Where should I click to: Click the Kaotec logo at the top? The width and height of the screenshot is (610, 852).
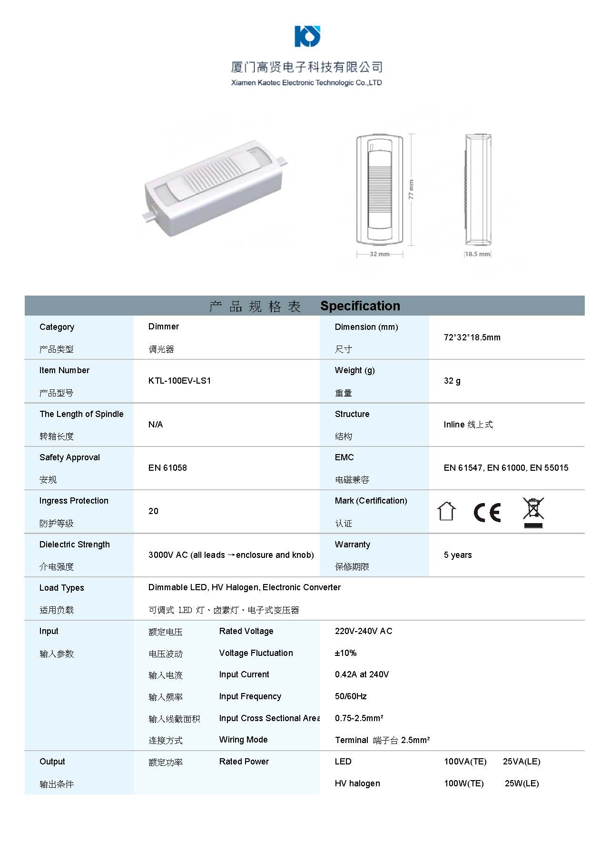pos(307,36)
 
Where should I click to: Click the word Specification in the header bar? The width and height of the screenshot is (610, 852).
pos(360,306)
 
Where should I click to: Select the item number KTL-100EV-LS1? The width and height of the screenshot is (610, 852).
pos(179,381)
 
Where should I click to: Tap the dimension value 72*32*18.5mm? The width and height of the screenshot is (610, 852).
pos(472,337)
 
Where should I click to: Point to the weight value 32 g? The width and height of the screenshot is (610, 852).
pos(452,381)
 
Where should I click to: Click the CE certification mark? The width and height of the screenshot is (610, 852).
pos(487,512)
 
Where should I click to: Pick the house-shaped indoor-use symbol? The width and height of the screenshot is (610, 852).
pos(446,512)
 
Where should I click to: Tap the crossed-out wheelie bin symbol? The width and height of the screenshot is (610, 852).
pos(533,512)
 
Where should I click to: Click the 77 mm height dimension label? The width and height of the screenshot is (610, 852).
pos(412,189)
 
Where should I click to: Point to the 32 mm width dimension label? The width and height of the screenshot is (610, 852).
pos(379,254)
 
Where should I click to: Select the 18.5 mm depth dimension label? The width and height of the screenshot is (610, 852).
pos(477,254)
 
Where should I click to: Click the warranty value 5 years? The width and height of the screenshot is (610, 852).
pos(457,555)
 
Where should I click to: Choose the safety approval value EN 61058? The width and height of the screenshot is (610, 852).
pos(167,468)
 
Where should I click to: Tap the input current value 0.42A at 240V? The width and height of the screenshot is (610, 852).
pos(362,674)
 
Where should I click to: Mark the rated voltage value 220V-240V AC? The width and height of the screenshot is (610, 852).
pos(363,631)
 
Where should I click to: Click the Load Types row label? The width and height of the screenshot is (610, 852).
pos(62,588)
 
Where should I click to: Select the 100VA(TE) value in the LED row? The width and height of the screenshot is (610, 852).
pos(465,762)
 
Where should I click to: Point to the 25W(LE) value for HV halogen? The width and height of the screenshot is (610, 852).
pos(521,783)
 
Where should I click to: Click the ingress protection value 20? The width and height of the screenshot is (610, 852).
pos(153,511)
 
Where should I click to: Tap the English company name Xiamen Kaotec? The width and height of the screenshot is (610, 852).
pos(306,83)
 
